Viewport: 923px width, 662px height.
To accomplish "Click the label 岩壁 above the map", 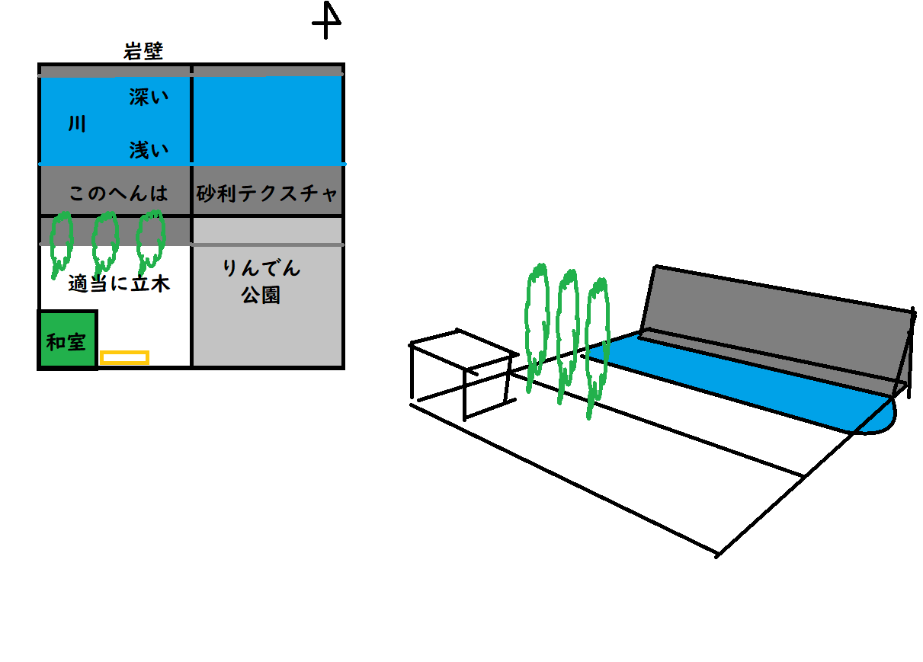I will coord(143,52).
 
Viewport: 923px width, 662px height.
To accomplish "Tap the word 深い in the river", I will coord(148,98).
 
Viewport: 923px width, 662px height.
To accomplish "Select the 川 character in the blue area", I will coord(76,124).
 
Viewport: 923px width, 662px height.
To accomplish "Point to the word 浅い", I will coord(148,150).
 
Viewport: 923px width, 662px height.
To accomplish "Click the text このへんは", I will coord(117,193).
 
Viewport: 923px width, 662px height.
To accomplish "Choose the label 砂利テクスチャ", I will coord(267,193).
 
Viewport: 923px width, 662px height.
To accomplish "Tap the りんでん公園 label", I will coord(261,281).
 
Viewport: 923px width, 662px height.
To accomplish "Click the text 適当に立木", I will coord(118,285).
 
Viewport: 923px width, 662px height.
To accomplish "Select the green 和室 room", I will coord(67,341).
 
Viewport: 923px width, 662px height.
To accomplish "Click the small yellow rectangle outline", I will coord(124,357).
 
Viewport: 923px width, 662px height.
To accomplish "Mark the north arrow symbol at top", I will coord(327,21).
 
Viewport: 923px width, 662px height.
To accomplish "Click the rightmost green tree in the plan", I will coord(150,239).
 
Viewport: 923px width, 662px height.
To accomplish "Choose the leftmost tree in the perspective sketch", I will coord(537,324).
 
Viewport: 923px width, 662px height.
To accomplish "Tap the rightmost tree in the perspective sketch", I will coord(598,343).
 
